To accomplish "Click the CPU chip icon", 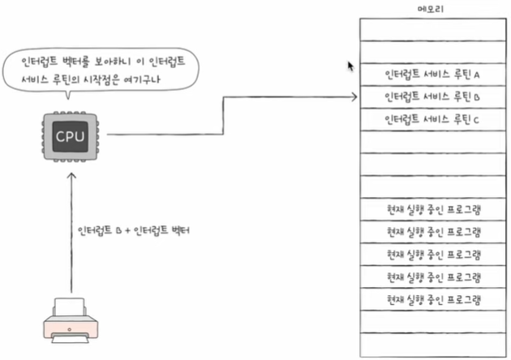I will [69, 135].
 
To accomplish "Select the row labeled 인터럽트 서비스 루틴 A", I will [433, 75].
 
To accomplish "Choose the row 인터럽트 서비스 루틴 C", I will [433, 119].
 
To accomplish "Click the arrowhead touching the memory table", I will [354, 98].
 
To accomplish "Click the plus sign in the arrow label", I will [128, 231].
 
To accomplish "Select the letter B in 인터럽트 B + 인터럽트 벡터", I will [118, 231].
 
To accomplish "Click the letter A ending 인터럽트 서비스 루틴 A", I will [478, 75].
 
